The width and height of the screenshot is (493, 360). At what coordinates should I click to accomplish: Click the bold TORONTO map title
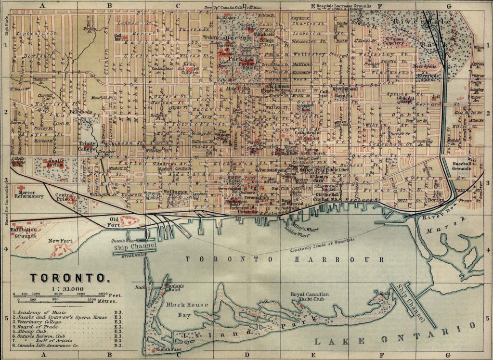click(x=68, y=278)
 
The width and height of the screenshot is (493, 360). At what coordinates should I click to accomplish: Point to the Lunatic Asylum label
click(x=54, y=163)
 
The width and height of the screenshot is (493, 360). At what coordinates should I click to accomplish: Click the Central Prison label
click(x=64, y=198)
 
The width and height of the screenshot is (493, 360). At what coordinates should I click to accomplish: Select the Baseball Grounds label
click(x=465, y=167)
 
